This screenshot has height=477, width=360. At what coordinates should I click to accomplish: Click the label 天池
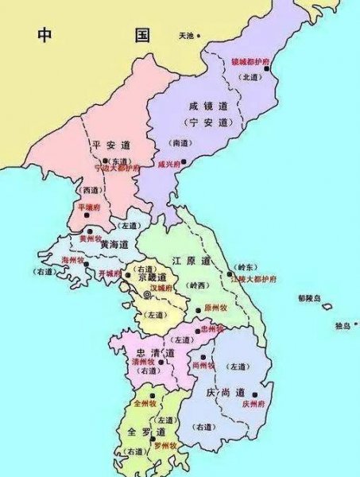tap(186, 36)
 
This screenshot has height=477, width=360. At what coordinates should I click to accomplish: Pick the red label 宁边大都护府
tap(117, 169)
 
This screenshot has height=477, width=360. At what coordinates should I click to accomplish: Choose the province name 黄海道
tap(115, 245)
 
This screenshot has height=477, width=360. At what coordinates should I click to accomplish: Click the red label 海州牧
tap(75, 259)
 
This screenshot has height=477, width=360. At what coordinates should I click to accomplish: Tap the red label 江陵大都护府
tap(253, 279)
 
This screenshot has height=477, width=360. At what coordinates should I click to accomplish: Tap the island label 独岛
tap(343, 325)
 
